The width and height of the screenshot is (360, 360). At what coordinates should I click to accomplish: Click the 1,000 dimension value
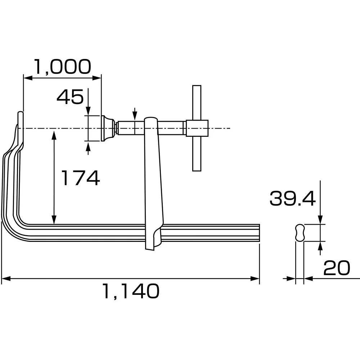(x=62, y=67)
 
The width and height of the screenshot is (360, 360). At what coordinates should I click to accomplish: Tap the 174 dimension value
(x=80, y=178)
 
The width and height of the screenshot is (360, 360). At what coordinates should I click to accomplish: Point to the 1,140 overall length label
(x=130, y=291)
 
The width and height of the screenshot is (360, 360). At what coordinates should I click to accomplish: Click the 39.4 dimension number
(x=292, y=198)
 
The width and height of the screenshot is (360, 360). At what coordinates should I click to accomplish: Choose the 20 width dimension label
(x=337, y=268)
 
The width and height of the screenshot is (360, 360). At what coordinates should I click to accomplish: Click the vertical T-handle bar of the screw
(x=197, y=151)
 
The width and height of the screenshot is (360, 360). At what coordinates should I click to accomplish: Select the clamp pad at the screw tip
(x=107, y=129)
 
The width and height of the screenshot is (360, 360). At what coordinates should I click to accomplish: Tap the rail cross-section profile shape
(x=300, y=232)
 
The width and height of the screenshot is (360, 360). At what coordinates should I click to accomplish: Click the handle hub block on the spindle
(x=197, y=128)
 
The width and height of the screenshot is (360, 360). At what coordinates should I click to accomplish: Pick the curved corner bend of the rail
(x=11, y=227)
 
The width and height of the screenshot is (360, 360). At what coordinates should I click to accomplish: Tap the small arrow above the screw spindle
(x=135, y=114)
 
